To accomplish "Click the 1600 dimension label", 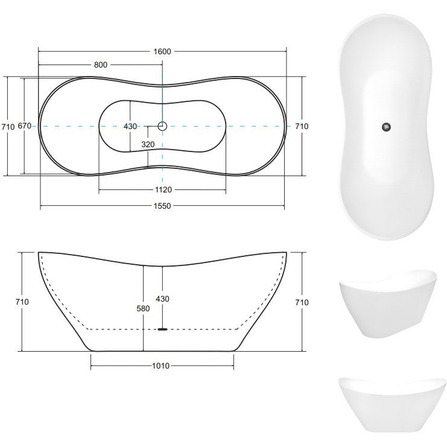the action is coord(162,52).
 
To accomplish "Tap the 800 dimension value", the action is coord(101,65).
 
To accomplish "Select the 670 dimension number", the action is coord(25,125).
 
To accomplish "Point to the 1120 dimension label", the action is coord(163,189).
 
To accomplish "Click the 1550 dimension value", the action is coord(162,206).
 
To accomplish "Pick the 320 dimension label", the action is coord(148,145).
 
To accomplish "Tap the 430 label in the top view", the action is coord(130,126).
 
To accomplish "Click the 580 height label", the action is coord(143,308).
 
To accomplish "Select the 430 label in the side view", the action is coord(162,299).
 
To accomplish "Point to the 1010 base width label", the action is coord(161,366).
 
